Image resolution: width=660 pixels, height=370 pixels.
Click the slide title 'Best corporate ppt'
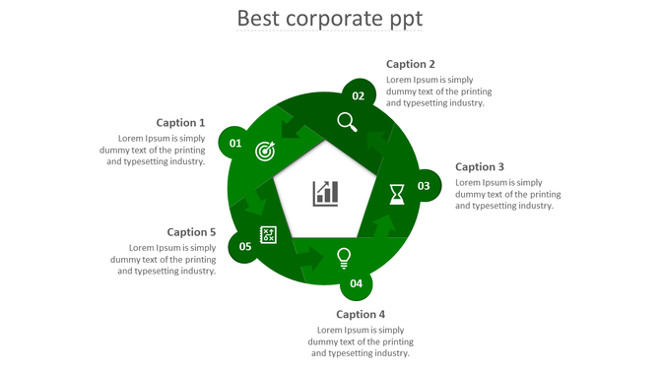[330, 19]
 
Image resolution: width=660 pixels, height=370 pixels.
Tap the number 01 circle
[234, 144]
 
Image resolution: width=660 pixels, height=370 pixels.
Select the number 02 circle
[359, 95]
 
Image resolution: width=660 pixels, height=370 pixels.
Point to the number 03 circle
[424, 186]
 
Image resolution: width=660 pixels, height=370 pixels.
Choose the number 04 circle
[356, 283]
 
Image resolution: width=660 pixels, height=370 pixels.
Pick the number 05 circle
[245, 246]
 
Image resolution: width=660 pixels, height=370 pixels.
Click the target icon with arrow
[265, 151]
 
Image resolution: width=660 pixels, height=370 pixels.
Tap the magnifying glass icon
[347, 122]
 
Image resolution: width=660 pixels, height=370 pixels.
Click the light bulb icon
[344, 258]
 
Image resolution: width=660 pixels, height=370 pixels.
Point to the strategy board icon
[268, 234]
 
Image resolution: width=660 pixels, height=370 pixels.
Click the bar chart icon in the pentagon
[325, 193]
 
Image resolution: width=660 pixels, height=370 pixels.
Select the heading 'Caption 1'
[180, 123]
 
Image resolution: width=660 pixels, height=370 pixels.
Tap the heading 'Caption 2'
[411, 64]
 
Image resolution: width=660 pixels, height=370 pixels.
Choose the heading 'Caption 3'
[480, 167]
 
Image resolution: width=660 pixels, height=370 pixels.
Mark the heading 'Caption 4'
[361, 315]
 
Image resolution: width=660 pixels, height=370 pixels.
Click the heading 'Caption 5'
[191, 232]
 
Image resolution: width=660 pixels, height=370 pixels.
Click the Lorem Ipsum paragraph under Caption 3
[508, 194]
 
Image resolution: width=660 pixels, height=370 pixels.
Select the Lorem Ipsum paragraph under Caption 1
[153, 150]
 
